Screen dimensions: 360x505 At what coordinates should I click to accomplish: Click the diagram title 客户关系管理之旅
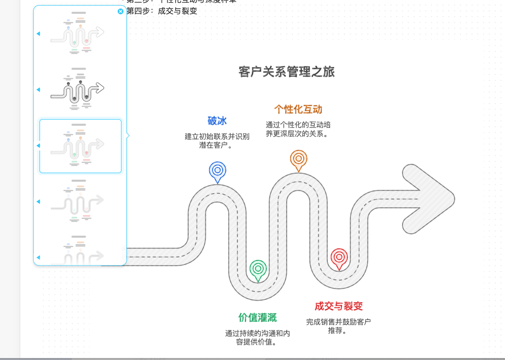pyautogui.click(x=286, y=72)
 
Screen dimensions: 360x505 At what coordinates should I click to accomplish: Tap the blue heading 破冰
pyautogui.click(x=217, y=121)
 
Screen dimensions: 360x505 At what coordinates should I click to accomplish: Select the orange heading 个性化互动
pyautogui.click(x=298, y=109)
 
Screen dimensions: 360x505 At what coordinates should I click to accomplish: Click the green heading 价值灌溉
pyautogui.click(x=258, y=317)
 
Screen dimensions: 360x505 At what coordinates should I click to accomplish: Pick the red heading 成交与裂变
pyautogui.click(x=339, y=306)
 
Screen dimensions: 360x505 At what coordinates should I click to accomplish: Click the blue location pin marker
pyautogui.click(x=217, y=171)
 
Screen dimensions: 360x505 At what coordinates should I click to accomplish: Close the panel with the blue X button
pyautogui.click(x=121, y=11)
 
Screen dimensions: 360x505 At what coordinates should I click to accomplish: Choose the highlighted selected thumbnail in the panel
pyautogui.click(x=80, y=146)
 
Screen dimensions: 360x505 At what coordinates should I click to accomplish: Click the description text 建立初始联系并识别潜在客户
pyautogui.click(x=217, y=141)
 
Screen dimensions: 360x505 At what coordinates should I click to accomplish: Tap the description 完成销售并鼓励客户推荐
pyautogui.click(x=339, y=326)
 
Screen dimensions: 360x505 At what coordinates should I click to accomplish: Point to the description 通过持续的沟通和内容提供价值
pyautogui.click(x=258, y=337)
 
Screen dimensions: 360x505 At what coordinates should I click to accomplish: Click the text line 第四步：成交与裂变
pyautogui.click(x=162, y=11)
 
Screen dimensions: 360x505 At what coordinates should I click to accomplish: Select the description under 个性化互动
pyautogui.click(x=298, y=129)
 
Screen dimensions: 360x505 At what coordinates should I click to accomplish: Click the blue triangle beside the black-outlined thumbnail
pyautogui.click(x=38, y=90)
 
